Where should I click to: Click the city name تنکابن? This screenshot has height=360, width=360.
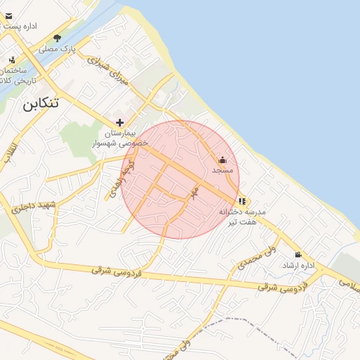click(40, 104)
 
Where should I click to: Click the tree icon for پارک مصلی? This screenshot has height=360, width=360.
click(57, 38)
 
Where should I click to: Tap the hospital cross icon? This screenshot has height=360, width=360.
click(120, 122)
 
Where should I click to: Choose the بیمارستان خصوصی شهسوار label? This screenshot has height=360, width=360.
click(120, 137)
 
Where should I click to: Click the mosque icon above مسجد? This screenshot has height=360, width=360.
click(223, 160)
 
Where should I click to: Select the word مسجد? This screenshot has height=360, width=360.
click(223, 170)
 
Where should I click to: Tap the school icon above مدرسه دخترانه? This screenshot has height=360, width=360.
click(243, 202)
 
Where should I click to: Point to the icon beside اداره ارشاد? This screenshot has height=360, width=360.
click(298, 255)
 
